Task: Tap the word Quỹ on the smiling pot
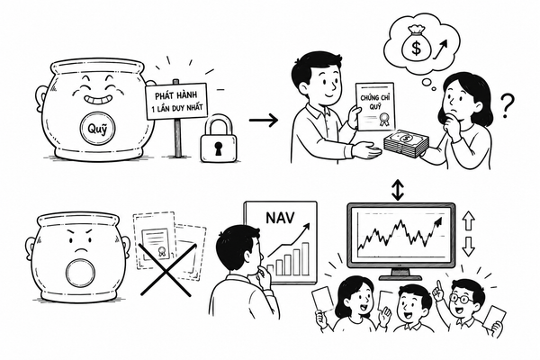pos(97,129)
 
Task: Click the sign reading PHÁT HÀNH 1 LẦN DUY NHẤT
pos(176,102)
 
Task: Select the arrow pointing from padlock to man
pos(264,121)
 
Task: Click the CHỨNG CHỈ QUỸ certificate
pos(375,106)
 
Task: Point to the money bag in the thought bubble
pos(416,44)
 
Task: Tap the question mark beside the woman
pos(507,105)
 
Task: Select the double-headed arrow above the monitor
pos(398,190)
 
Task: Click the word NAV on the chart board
pos(280,218)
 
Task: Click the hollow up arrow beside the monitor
pos(468,220)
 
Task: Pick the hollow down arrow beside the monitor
pos(468,247)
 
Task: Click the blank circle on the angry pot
pos(79,274)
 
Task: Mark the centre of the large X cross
pos(166,270)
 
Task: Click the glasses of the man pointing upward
pos(461,298)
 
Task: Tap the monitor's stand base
pos(400,277)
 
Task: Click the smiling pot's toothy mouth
pos(97,100)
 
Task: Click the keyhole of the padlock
pos(219,147)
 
